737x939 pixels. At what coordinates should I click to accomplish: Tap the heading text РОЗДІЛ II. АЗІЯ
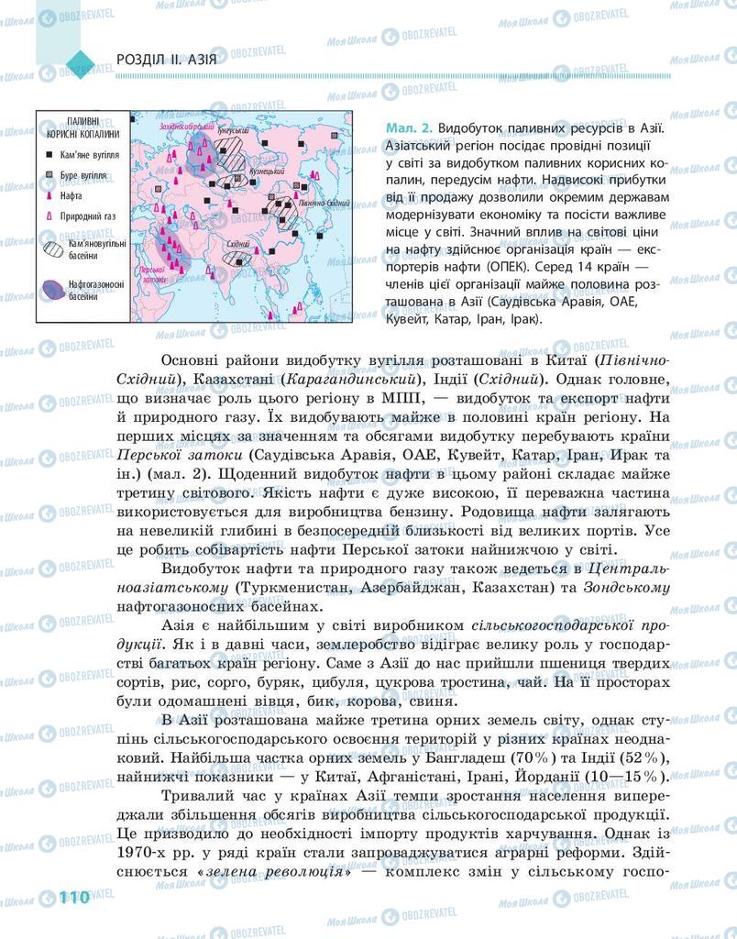pyautogui.click(x=167, y=61)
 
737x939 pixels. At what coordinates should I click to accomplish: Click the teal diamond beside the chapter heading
pyautogui.click(x=80, y=61)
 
